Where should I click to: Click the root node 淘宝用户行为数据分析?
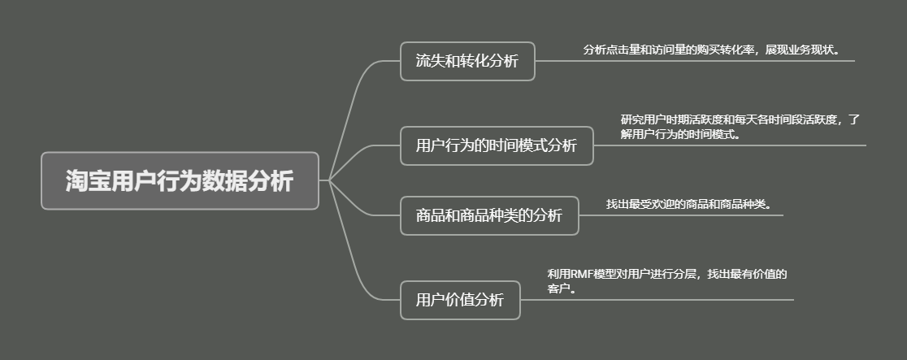[180, 180]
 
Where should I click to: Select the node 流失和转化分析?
[467, 62]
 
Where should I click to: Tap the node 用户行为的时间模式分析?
[497, 145]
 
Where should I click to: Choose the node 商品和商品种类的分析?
[488, 215]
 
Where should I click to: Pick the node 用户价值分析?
[460, 300]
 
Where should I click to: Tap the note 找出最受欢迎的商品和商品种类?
[688, 204]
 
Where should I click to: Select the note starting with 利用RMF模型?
[668, 281]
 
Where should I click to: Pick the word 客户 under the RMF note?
[558, 288]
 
